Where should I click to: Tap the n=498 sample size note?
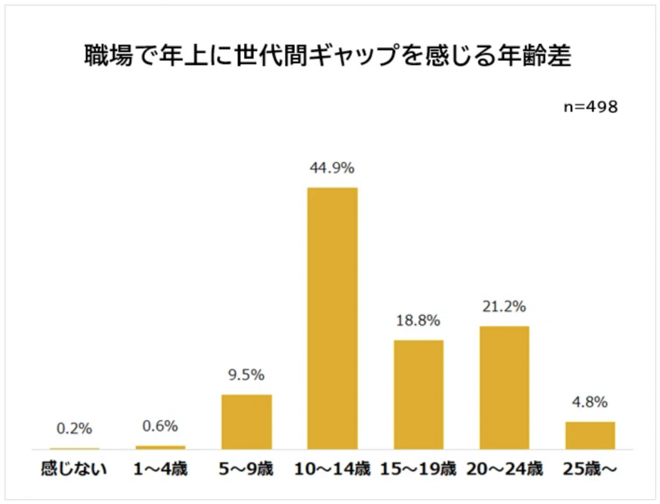590,107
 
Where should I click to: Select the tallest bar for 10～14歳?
333,318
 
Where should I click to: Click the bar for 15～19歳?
418,394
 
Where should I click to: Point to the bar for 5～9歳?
246,422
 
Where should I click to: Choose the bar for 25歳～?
590,435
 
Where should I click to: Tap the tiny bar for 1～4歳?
160,447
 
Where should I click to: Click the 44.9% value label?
333,169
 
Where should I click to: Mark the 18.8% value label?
418,320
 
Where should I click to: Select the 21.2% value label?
504,307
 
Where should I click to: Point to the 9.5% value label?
246,375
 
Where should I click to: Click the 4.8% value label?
590,403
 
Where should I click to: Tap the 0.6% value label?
160,427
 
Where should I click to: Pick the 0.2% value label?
74,429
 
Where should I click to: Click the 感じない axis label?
74,469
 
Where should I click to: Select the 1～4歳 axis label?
160,469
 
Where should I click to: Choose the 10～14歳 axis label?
333,469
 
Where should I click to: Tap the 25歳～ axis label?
590,469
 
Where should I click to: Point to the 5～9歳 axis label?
246,469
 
